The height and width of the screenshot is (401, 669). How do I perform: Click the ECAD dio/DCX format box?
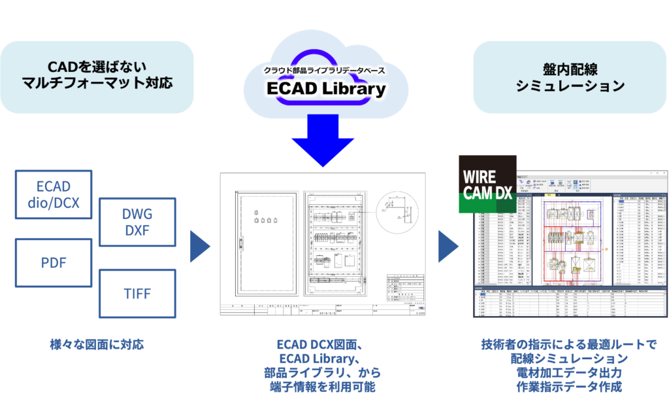(x=54, y=194)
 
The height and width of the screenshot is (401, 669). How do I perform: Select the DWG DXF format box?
(x=137, y=221)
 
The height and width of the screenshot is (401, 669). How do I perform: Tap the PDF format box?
(x=54, y=262)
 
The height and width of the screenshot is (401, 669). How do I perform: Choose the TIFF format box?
(x=137, y=292)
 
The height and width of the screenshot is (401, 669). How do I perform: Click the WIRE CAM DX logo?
(x=487, y=184)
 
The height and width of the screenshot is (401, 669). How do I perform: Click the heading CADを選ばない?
(x=97, y=67)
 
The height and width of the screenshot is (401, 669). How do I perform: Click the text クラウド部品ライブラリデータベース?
(x=324, y=70)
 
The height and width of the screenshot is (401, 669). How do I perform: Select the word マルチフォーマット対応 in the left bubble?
(x=97, y=85)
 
